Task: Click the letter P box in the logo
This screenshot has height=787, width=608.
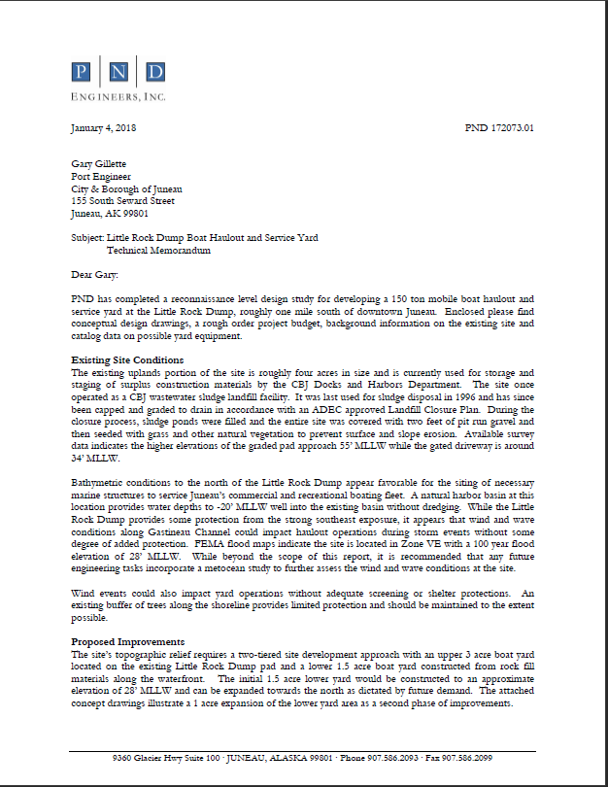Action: pos(83,72)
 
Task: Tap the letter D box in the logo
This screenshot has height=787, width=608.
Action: pos(155,72)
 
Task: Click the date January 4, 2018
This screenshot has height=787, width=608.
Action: pos(103,127)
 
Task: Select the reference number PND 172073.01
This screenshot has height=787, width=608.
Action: pos(499,127)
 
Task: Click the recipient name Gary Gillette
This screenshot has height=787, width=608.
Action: pos(100,165)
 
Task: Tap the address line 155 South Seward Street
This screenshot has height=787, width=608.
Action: pos(123,201)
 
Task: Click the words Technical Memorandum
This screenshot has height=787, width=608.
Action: pos(158,250)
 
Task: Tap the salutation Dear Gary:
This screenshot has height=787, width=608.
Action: pos(94,275)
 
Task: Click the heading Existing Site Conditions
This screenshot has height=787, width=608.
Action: pos(127,360)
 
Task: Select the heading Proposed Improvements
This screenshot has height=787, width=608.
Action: pos(127,642)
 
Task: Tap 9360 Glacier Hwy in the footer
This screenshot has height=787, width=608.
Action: pos(143,758)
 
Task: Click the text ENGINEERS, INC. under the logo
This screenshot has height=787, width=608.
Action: pos(118,96)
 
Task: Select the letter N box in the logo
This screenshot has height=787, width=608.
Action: pos(118,72)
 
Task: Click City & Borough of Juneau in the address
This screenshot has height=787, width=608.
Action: pos(126,189)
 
